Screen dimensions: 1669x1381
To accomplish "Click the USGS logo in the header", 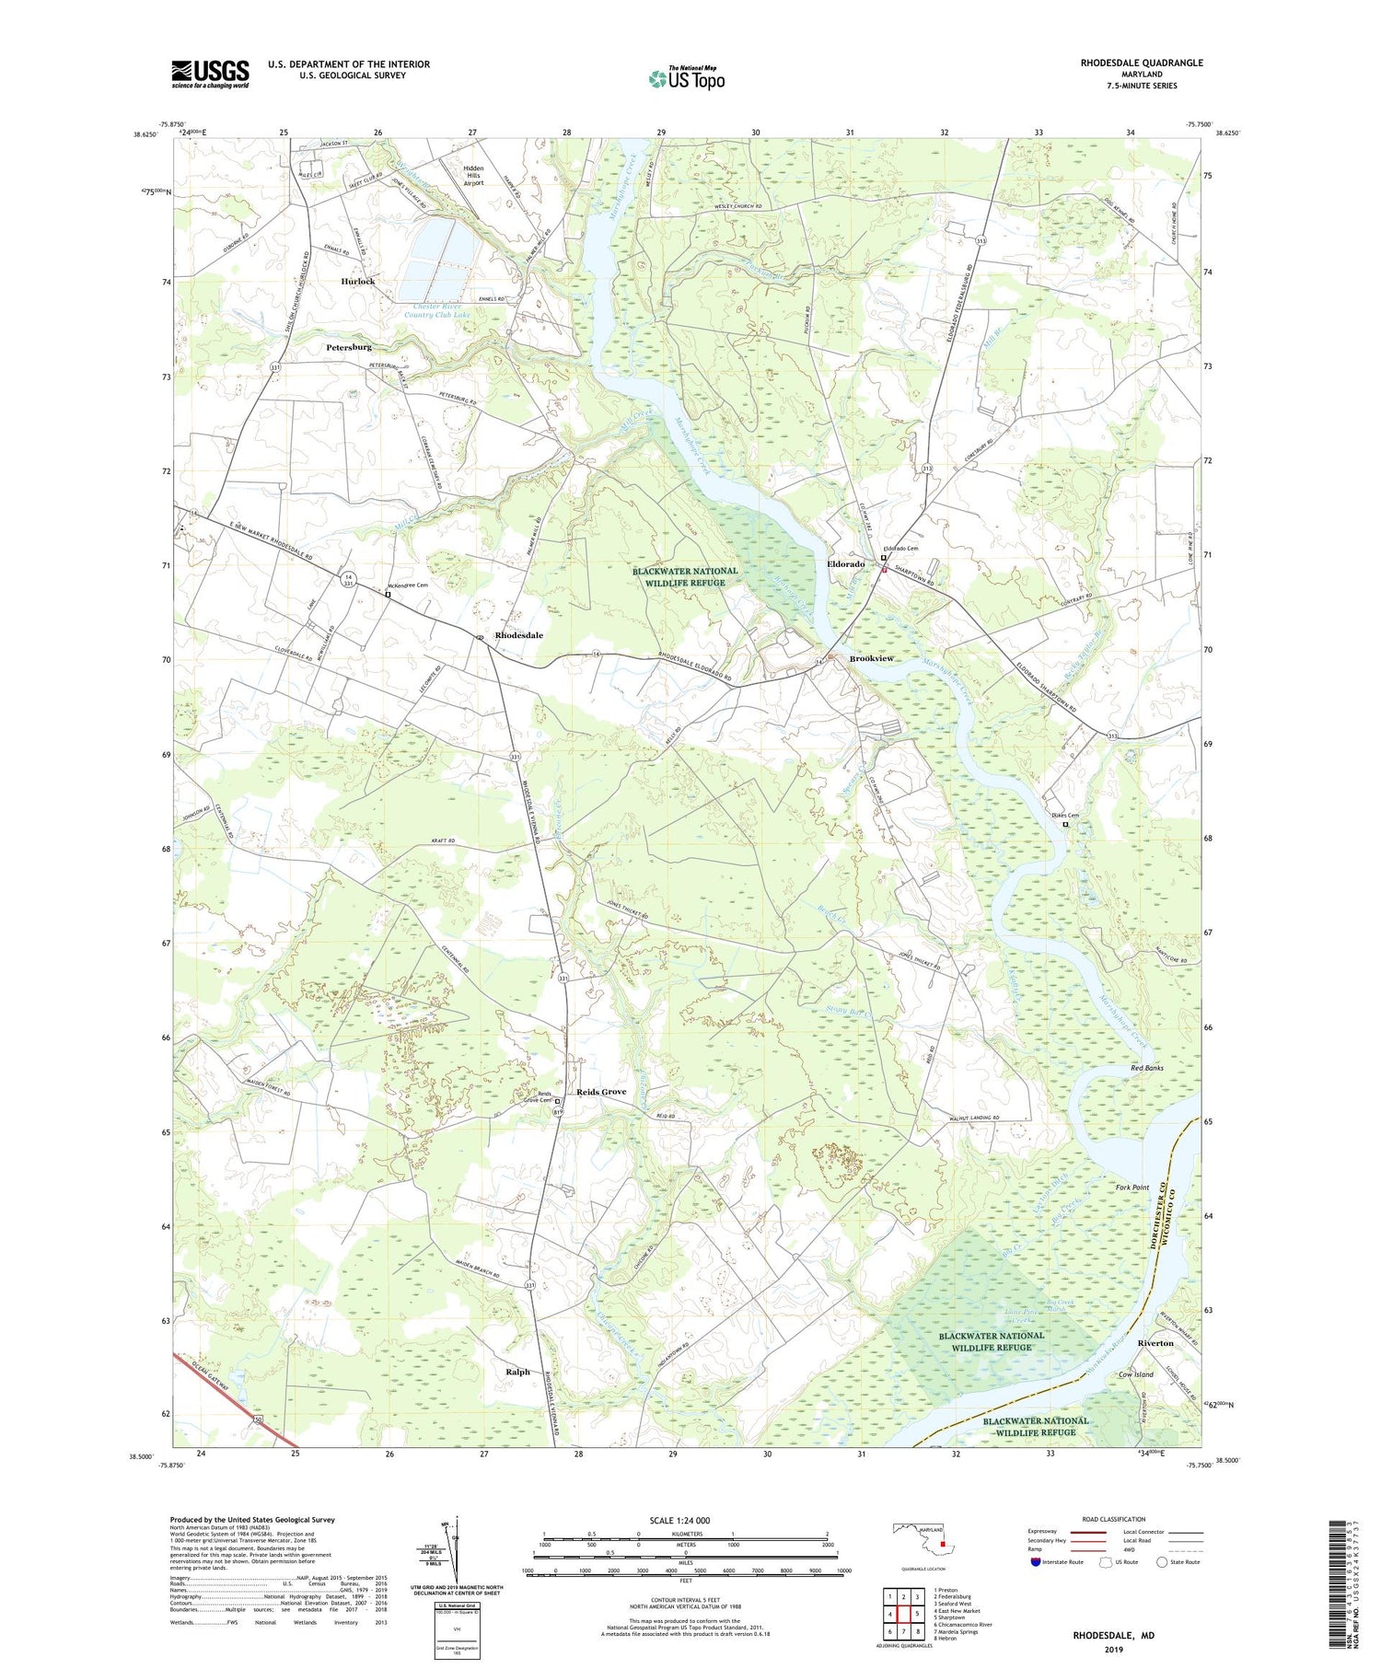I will coord(210,74).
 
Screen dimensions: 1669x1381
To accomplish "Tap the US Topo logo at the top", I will coord(686,79).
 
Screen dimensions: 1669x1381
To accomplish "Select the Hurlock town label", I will coord(357,281).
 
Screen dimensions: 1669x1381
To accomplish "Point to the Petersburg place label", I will coord(349,347).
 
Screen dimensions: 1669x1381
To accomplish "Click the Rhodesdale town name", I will coord(519,635).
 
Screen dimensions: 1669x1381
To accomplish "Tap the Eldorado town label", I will coord(845,563).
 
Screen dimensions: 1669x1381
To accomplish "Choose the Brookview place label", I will coord(871,659).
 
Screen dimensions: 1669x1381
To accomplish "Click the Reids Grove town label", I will coord(601,1092).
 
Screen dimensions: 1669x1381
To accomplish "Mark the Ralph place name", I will coord(517,1372).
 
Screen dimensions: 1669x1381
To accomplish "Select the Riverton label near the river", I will coord(1155,1343).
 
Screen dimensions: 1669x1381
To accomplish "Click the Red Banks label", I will coord(1147,1068).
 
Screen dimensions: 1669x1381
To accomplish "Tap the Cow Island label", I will coord(1135,1374).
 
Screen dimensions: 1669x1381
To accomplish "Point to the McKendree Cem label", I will coord(409,585).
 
